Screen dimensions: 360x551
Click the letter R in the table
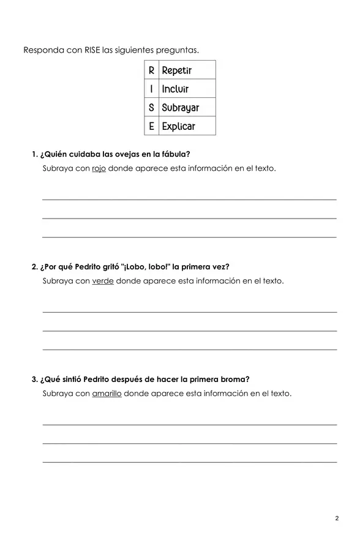click(151, 70)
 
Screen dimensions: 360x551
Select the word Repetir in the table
click(177, 70)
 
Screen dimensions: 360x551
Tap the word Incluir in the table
click(175, 89)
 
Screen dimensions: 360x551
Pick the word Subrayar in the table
click(180, 108)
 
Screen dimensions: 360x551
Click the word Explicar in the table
click(178, 127)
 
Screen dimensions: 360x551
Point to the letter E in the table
click(151, 127)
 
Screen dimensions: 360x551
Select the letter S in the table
click(151, 108)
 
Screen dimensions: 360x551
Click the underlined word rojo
click(99, 168)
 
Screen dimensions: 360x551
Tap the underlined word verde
click(102, 281)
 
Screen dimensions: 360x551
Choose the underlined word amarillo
click(107, 394)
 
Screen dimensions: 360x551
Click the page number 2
click(337, 519)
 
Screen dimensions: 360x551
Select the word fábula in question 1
click(174, 154)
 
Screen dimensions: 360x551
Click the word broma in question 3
click(235, 380)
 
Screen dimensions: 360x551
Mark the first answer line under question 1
click(189, 199)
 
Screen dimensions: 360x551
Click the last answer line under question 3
click(189, 462)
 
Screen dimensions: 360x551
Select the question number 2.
click(34, 267)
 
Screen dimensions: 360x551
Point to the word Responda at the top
click(43, 50)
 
